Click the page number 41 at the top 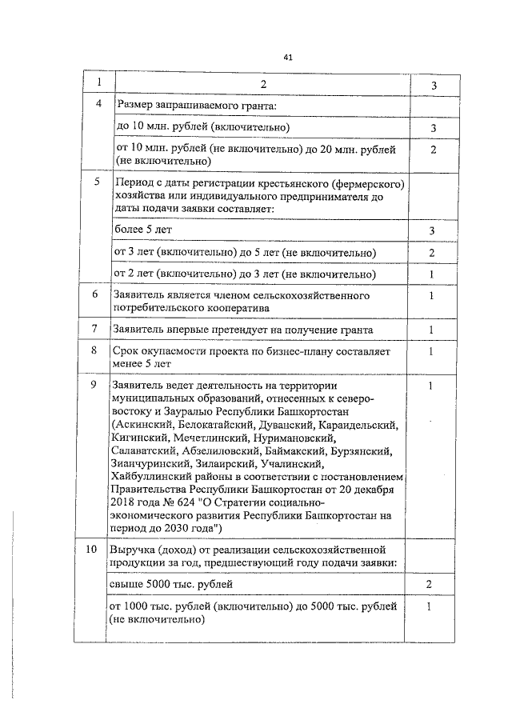coord(289,57)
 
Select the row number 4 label coord(98,105)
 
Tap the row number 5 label coord(98,182)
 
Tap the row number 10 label coord(93,550)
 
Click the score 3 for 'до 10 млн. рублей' coord(432,128)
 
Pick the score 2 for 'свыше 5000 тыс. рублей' coord(430,586)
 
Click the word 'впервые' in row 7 coord(188,330)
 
